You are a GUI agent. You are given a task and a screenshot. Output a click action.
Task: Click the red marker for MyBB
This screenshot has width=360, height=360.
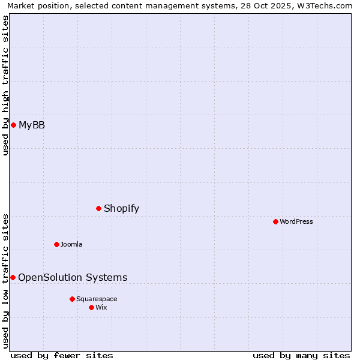pos(13,125)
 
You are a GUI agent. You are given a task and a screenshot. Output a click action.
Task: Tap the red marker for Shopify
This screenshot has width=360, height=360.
pos(99,208)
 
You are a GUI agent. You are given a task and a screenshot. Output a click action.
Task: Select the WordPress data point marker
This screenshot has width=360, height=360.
pos(275,221)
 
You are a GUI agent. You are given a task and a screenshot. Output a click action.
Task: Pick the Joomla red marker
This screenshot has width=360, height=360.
pos(56,244)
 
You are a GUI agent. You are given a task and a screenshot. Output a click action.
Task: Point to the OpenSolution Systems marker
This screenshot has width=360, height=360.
pos(13,277)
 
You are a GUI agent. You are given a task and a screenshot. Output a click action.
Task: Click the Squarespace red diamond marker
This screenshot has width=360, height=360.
pos(72,299)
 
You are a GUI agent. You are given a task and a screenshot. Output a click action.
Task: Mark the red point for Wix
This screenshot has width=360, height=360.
pos(91,307)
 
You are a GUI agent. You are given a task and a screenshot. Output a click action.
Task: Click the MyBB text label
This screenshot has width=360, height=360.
pos(32,125)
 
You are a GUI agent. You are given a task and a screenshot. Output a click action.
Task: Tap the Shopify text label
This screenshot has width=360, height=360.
pos(121,208)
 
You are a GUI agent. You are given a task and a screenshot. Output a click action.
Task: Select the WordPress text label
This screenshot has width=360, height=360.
pos(296,221)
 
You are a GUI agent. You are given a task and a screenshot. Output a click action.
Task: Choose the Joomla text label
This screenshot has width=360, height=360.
pos(71,244)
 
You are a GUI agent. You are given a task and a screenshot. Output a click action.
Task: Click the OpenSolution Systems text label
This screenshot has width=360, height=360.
pos(73,277)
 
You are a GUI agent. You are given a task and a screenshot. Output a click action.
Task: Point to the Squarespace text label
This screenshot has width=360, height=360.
pos(97,299)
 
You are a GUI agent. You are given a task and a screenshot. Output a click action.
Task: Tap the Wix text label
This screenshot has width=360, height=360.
pos(101,307)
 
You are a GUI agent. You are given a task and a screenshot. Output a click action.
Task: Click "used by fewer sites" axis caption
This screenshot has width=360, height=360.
pos(62,355)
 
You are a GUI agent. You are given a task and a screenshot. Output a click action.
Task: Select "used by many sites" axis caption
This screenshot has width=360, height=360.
pos(301,355)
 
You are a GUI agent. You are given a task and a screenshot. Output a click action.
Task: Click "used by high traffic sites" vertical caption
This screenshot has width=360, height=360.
pos(6,85)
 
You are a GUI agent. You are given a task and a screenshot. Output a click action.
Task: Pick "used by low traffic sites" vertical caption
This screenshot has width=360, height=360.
pos(6,280)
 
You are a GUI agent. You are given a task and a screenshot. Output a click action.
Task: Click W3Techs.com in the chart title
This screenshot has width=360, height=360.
pos(326,5)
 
